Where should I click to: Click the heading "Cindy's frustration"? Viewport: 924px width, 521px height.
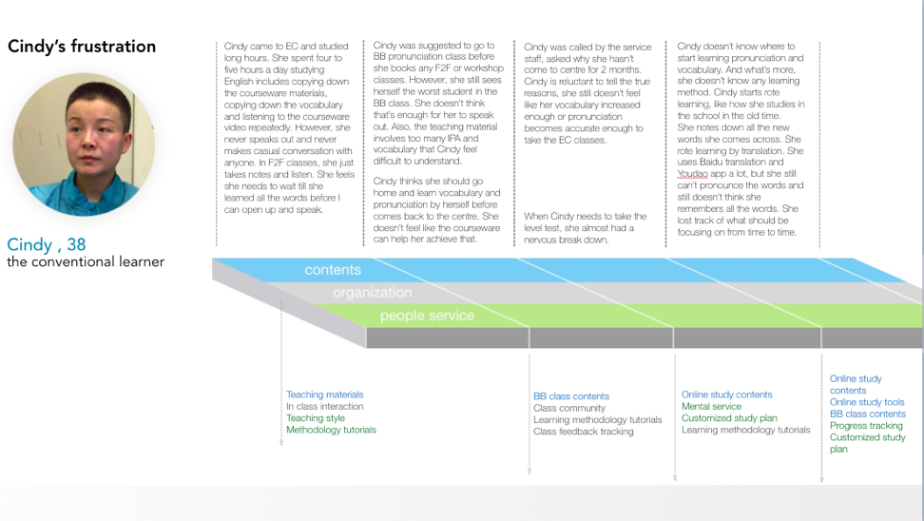pyautogui.click(x=82, y=47)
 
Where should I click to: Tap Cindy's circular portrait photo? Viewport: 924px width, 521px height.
pyautogui.click(x=84, y=145)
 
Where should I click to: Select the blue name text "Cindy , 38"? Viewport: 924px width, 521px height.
pyautogui.click(x=47, y=244)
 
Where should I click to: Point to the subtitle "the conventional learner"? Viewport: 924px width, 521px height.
pyautogui.click(x=86, y=261)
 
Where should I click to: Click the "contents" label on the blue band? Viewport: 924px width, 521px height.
pyautogui.click(x=333, y=270)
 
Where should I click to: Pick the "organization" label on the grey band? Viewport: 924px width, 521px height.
pyautogui.click(x=373, y=292)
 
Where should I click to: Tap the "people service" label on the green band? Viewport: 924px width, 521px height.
pyautogui.click(x=427, y=316)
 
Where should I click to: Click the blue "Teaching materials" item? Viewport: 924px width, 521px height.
pyautogui.click(x=325, y=395)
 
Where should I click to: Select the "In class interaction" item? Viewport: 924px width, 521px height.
pyautogui.click(x=325, y=407)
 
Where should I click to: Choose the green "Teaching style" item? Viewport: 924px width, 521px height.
pyautogui.click(x=316, y=418)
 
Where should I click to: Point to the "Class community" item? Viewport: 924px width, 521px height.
pyautogui.click(x=569, y=409)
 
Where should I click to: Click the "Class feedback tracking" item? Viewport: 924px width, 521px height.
pyautogui.click(x=584, y=432)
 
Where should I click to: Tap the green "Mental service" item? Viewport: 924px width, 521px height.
pyautogui.click(x=711, y=407)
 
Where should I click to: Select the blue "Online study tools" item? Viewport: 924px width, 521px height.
pyautogui.click(x=867, y=402)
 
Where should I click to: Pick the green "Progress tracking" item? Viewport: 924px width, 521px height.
pyautogui.click(x=866, y=426)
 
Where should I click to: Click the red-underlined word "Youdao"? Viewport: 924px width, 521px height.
pyautogui.click(x=692, y=174)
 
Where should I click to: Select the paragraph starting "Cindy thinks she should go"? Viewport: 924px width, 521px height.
pyautogui.click(x=436, y=210)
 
